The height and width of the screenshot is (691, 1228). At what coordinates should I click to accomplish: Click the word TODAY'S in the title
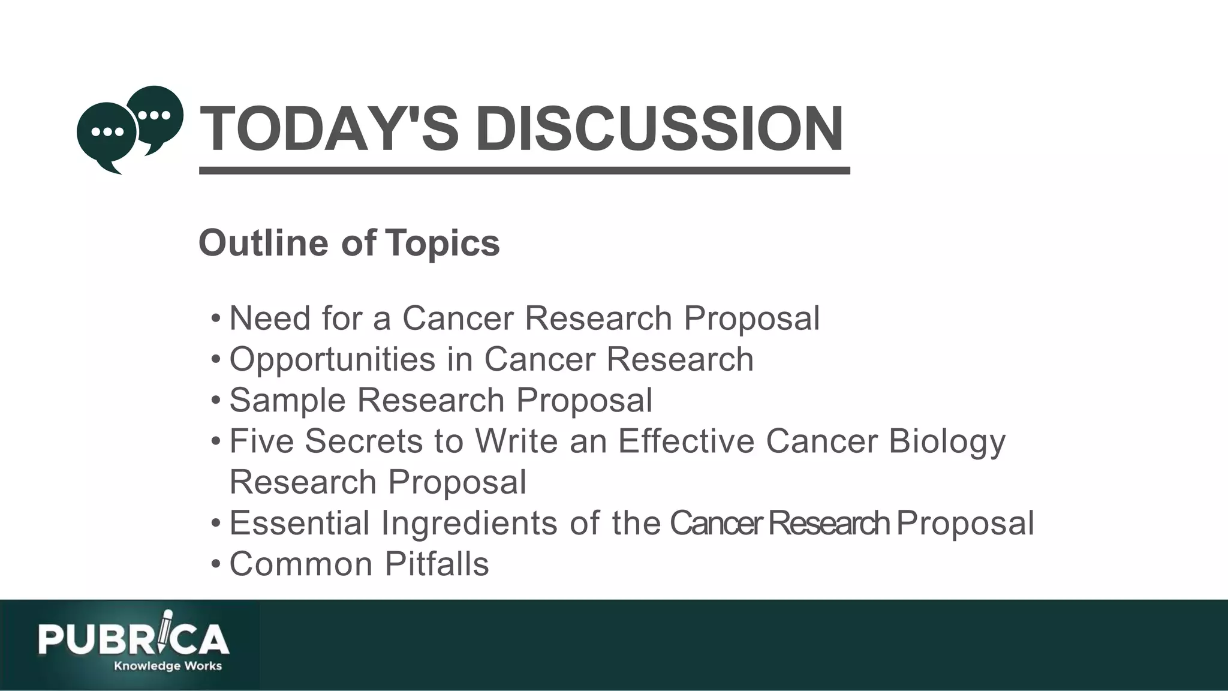point(329,129)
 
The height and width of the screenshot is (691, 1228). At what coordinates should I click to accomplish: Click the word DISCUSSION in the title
point(660,129)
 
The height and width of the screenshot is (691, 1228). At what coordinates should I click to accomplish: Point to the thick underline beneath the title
point(524,171)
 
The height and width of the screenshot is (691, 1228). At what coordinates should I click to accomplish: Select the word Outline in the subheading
point(263,243)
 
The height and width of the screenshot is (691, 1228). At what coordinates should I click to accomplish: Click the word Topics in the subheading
point(443,243)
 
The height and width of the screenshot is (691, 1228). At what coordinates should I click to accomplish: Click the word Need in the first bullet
point(269,318)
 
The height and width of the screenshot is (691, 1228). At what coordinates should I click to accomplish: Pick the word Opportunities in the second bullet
point(332,359)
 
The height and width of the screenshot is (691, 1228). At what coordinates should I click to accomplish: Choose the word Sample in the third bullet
point(287,400)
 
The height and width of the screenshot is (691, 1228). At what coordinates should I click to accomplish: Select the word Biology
point(947,442)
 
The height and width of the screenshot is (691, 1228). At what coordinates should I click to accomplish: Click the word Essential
point(299,523)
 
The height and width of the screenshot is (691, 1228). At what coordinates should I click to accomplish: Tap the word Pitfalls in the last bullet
point(437,564)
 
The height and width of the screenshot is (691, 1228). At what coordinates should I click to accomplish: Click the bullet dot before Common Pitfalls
point(216,564)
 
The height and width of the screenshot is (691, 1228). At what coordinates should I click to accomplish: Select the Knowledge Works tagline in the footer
point(168,666)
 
